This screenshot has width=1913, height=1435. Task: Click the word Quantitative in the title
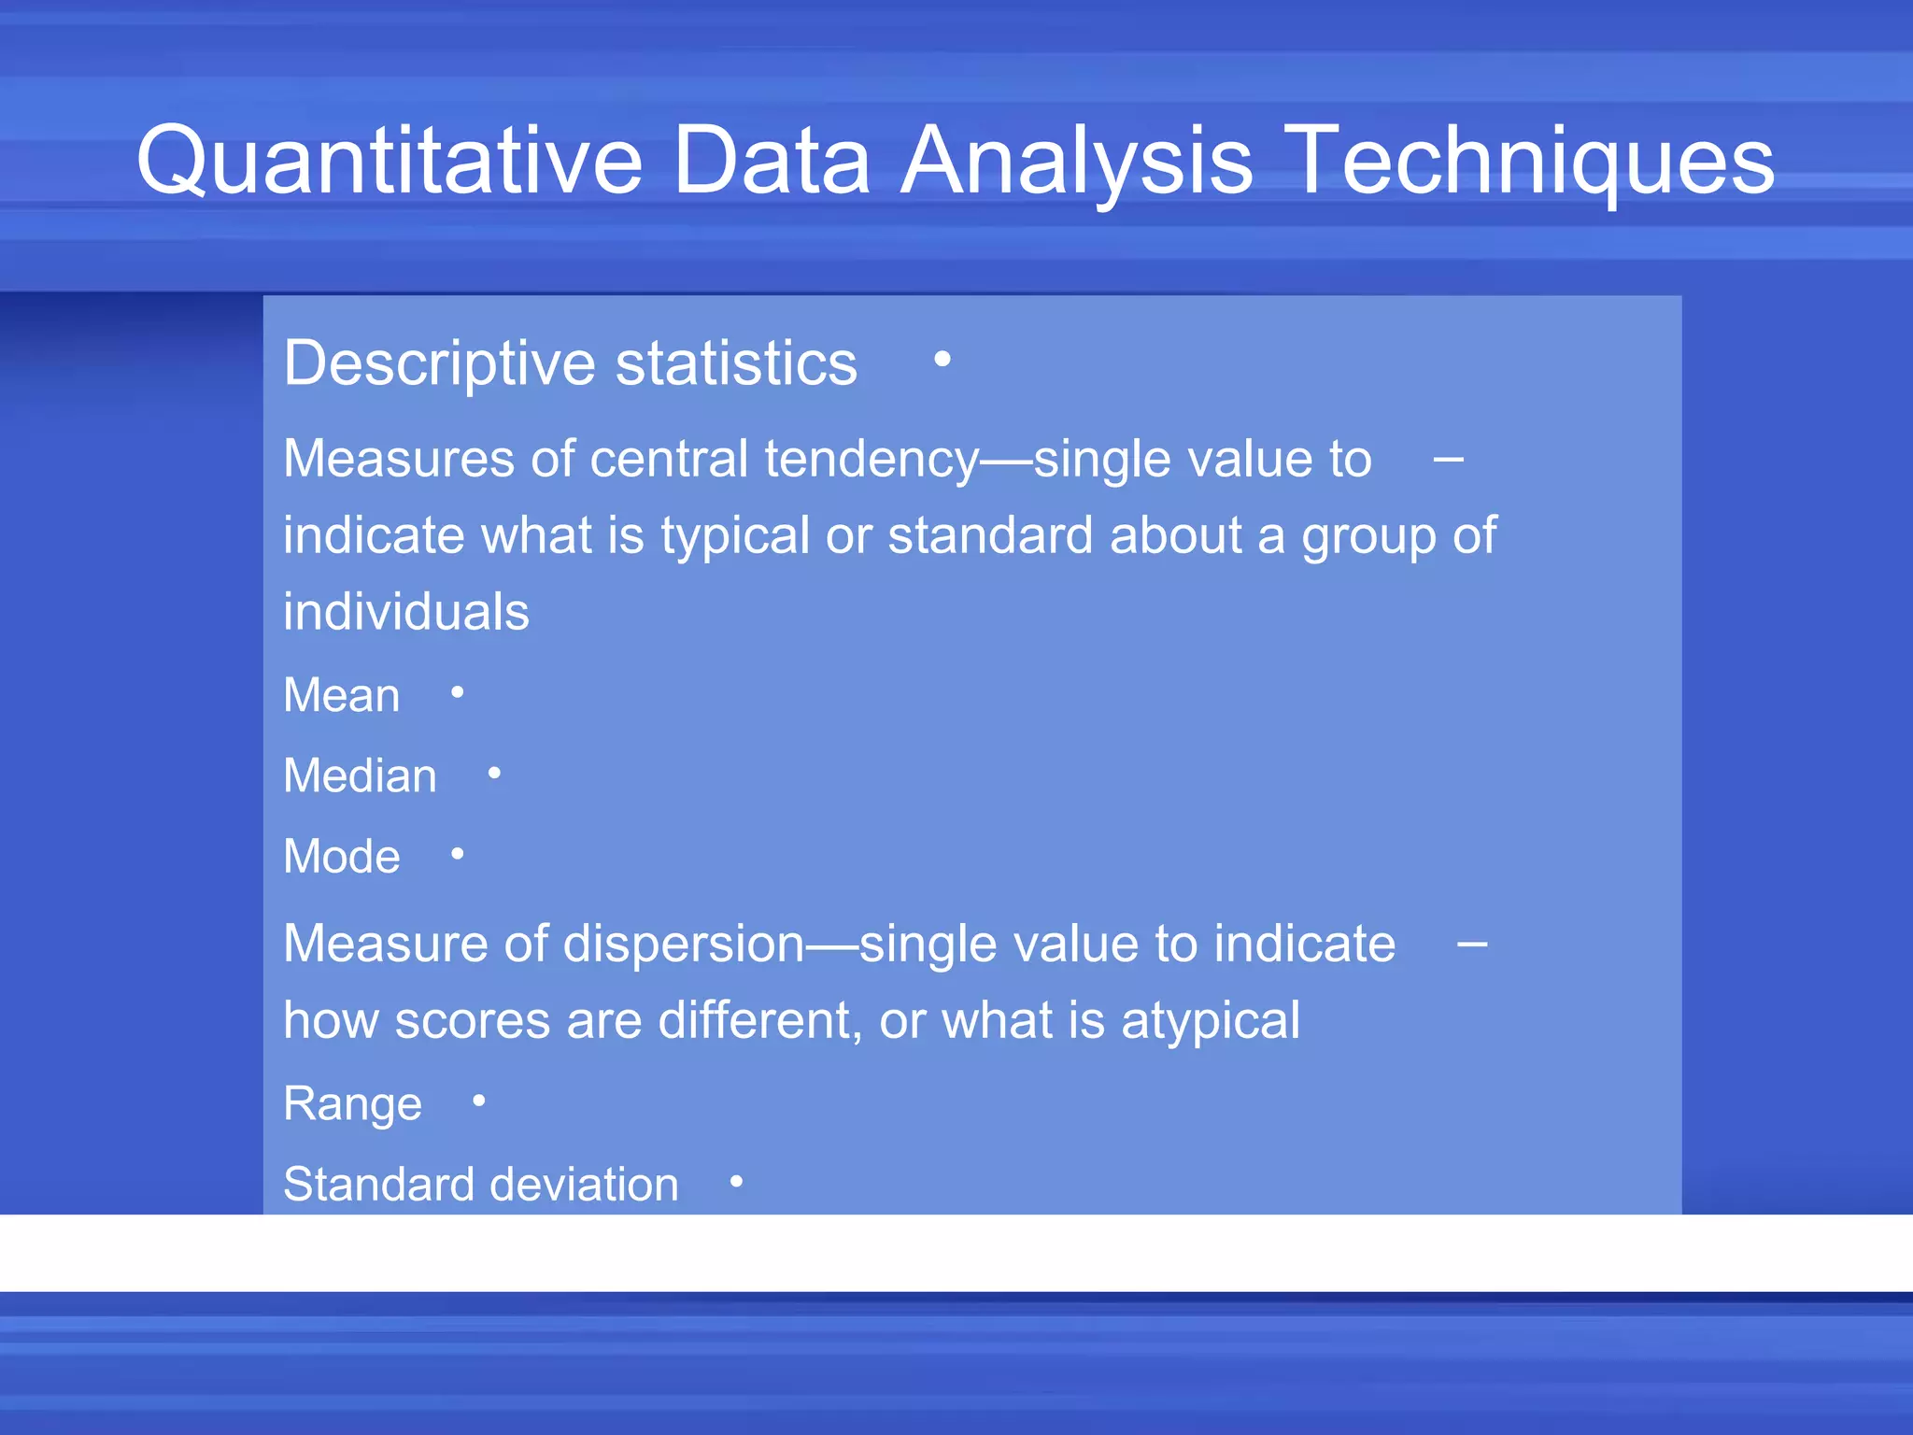click(390, 161)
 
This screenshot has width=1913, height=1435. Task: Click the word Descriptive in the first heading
click(439, 363)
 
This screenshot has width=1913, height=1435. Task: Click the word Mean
click(341, 695)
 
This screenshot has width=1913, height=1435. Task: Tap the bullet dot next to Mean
click(458, 692)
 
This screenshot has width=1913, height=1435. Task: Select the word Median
click(360, 775)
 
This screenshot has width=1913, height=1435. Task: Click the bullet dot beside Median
click(494, 773)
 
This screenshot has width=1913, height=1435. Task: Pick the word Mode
click(341, 857)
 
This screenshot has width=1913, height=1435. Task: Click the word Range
click(352, 1104)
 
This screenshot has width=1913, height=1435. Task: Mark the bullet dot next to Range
click(479, 1101)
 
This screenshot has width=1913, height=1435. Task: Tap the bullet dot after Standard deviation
click(736, 1182)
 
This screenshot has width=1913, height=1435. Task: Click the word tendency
click(871, 460)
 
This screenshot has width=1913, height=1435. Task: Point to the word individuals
click(405, 612)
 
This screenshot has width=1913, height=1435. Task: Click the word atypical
click(1210, 1020)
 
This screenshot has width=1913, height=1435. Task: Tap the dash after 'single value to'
click(1448, 459)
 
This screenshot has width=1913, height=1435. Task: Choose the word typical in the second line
click(735, 536)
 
